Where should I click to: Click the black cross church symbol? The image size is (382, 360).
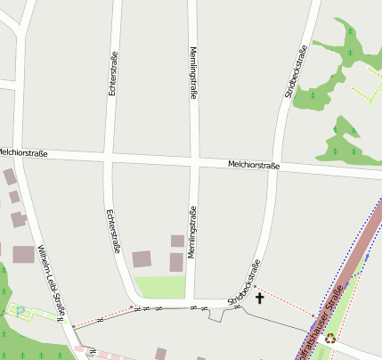click(260, 298)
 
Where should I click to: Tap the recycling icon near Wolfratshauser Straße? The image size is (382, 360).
click(330, 339)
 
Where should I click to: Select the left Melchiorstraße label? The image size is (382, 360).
click(22, 153)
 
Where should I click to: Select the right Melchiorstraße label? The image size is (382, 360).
click(254, 165)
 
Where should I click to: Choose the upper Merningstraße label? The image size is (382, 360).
click(192, 72)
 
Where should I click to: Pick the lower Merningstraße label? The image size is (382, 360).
click(192, 233)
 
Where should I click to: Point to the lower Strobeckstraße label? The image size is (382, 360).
click(244, 284)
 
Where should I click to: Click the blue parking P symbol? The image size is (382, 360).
click(20, 310)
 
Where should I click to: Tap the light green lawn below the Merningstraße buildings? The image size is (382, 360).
click(160, 287)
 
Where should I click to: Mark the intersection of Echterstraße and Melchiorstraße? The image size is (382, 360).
click(109, 158)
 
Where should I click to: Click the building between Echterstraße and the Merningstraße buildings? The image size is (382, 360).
click(142, 259)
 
